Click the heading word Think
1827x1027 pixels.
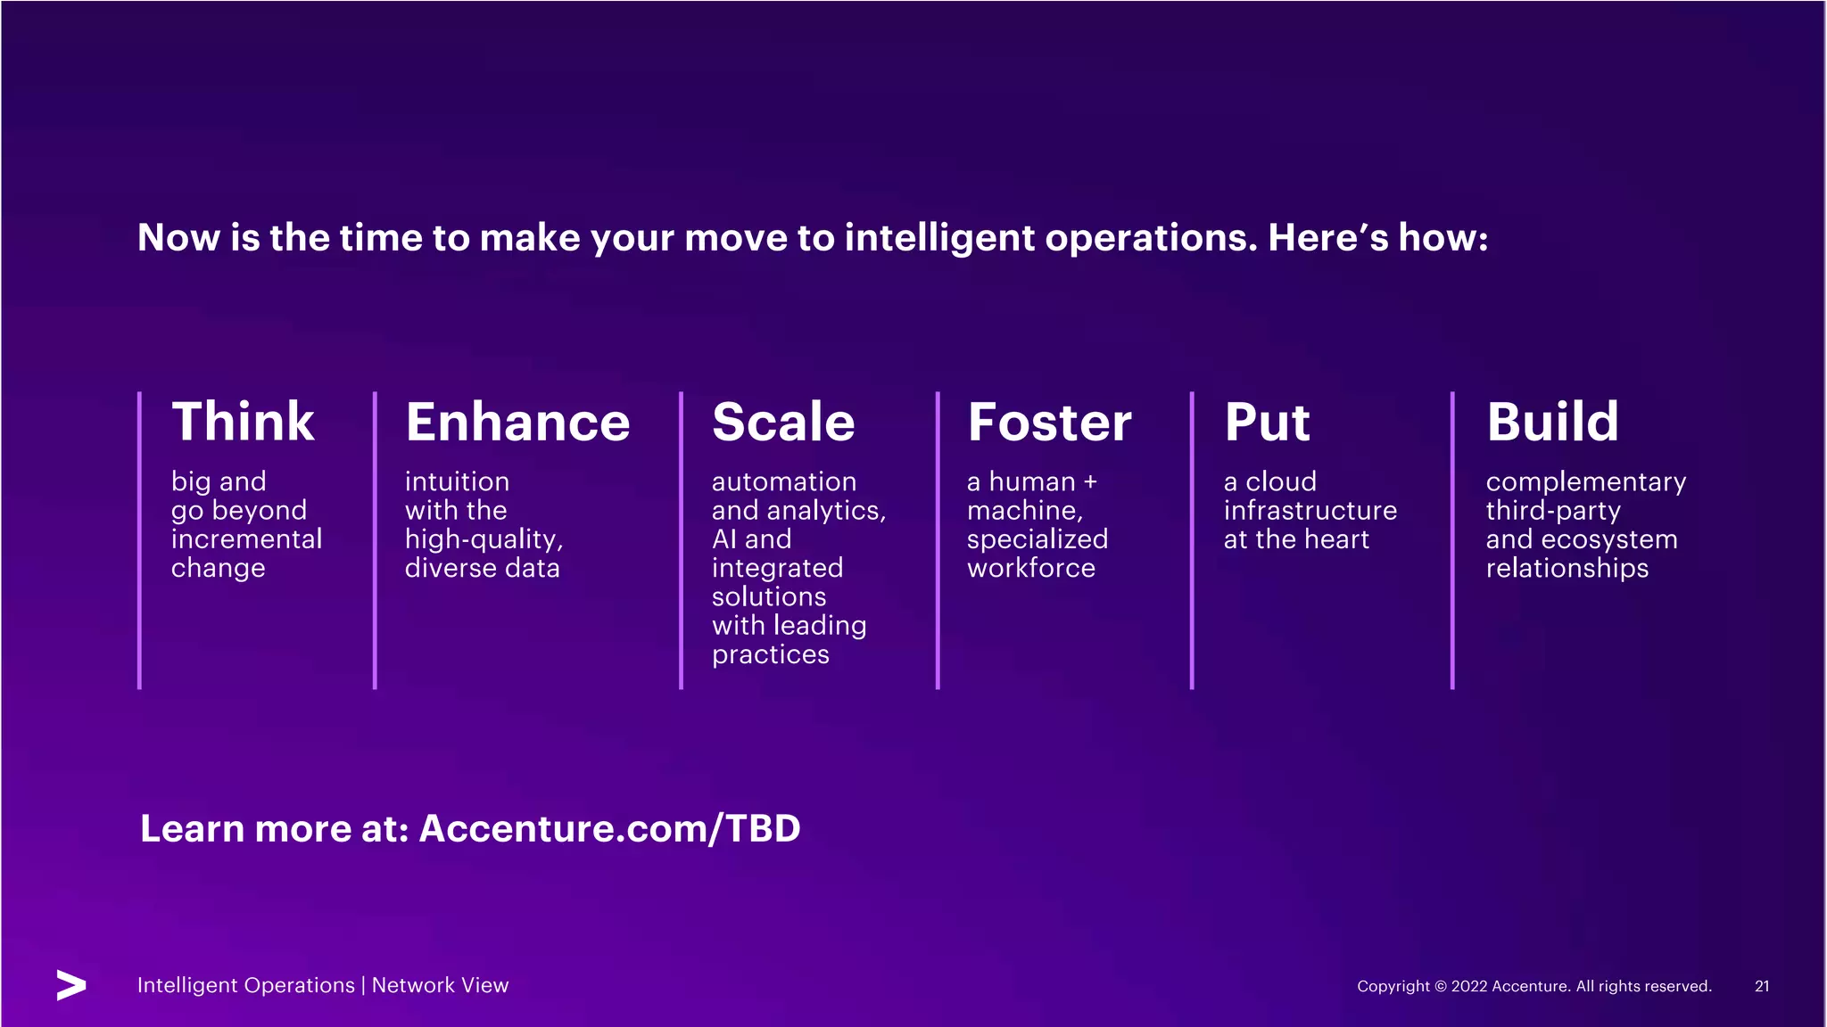[x=243, y=422]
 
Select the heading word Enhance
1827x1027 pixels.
[x=517, y=422]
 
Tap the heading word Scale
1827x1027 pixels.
[x=783, y=422]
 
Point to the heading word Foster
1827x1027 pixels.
[x=1049, y=422]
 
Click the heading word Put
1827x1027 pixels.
[x=1267, y=422]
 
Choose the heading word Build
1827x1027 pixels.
[x=1552, y=422]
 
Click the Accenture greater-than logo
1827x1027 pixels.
[x=71, y=985]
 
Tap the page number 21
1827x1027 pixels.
[x=1762, y=986]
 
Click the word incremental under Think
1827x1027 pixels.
[x=246, y=539]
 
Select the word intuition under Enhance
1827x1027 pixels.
[x=457, y=481]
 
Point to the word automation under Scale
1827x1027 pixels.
[x=783, y=481]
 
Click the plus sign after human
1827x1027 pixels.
[x=1090, y=482]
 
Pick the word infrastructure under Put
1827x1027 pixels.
[x=1310, y=511]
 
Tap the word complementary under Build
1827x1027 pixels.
[x=1585, y=482]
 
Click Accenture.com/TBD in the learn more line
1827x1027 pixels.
[x=609, y=828]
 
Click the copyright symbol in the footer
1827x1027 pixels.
[x=1441, y=986]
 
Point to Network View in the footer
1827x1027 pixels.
[x=440, y=985]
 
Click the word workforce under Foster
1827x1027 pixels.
[x=1030, y=568]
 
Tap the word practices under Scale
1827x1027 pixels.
[x=771, y=654]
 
